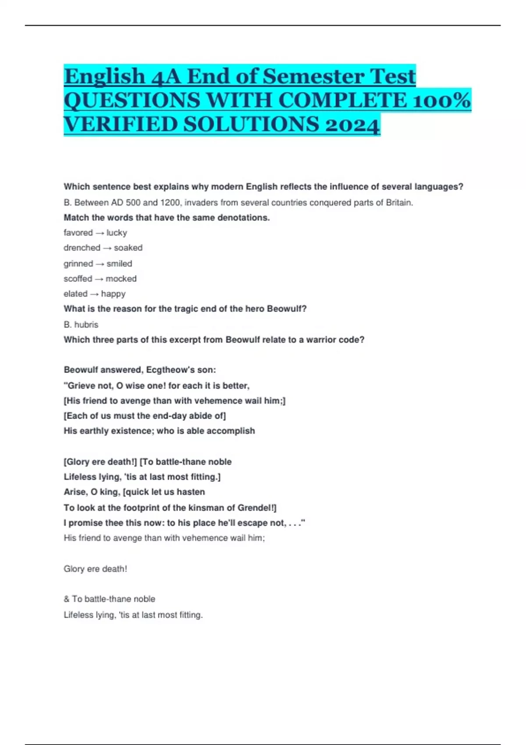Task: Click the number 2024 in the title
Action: click(x=352, y=124)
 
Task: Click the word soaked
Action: click(x=128, y=248)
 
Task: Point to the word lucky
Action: click(x=117, y=233)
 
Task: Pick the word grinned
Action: click(x=78, y=264)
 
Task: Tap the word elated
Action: click(x=75, y=294)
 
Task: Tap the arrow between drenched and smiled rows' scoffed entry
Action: click(x=99, y=279)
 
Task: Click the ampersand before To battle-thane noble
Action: click(x=67, y=599)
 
